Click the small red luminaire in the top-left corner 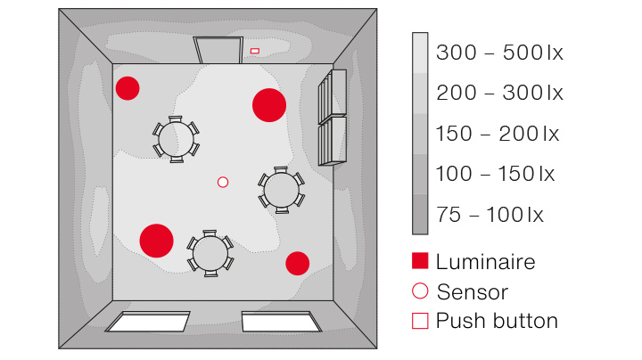coord(128,88)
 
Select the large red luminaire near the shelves coord(268,105)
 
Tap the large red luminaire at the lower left coord(156,241)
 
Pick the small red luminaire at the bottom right coord(297,264)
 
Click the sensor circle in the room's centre coord(223,182)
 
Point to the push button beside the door coord(255,51)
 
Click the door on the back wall coord(218,51)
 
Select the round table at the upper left coord(177,139)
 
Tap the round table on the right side coord(282,190)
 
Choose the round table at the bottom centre coord(210,254)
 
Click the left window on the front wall coord(148,321)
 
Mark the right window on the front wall coord(281,321)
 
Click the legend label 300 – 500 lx coord(499,53)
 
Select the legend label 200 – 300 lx coord(499,93)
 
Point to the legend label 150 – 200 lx coord(498,134)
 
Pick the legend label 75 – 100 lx coord(490,215)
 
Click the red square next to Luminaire coord(421,261)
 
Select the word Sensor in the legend coord(472,291)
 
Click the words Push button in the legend coord(497,321)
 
